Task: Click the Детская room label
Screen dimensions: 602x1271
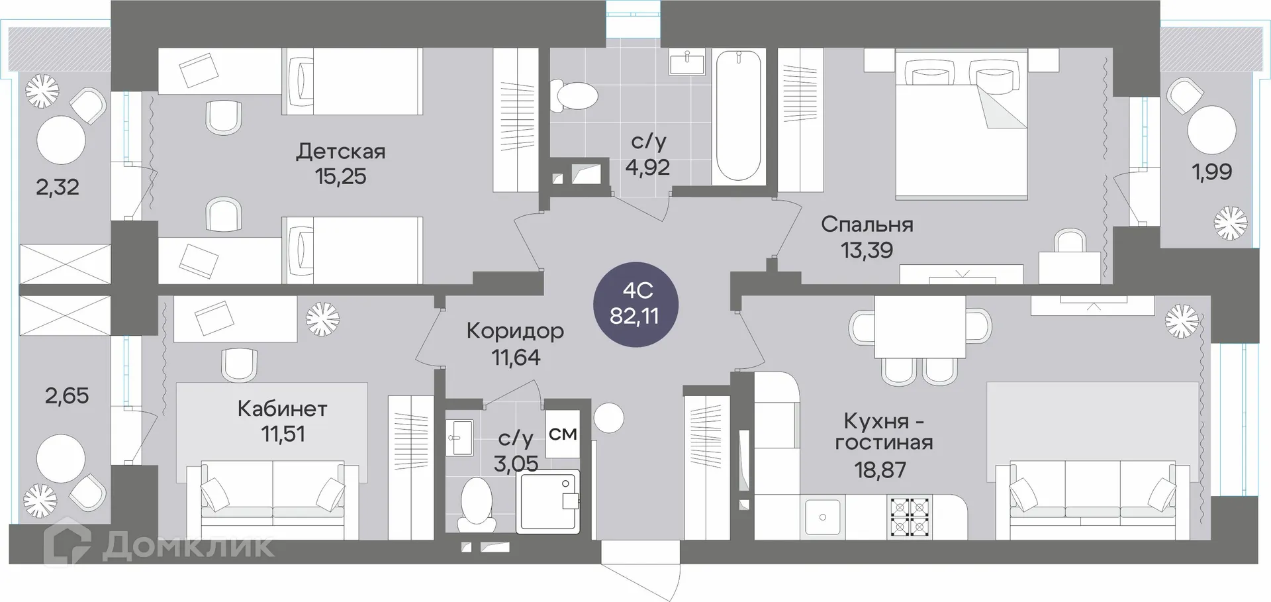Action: pyautogui.click(x=340, y=152)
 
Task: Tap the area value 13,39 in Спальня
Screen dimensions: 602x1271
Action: pyautogui.click(x=867, y=250)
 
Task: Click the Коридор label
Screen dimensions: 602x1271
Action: pyautogui.click(x=515, y=330)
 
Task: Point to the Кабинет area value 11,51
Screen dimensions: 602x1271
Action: pyautogui.click(x=283, y=434)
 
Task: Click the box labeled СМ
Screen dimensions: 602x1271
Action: pyautogui.click(x=563, y=434)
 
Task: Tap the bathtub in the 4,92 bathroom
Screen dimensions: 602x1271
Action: pyautogui.click(x=738, y=117)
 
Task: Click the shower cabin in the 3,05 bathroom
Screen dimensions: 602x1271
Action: pyautogui.click(x=547, y=501)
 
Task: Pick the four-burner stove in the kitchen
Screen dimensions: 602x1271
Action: pyautogui.click(x=910, y=517)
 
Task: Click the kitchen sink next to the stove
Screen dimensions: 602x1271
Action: pyautogui.click(x=822, y=517)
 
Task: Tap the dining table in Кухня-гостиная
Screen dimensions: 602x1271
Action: pyautogui.click(x=919, y=326)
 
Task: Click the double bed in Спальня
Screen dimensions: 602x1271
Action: pyautogui.click(x=961, y=126)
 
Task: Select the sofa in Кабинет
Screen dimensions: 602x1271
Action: pyautogui.click(x=273, y=493)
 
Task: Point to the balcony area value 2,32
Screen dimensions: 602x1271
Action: pyautogui.click(x=58, y=187)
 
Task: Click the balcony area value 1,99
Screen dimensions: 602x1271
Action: pyautogui.click(x=1211, y=172)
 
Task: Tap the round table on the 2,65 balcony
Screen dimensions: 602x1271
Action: pyautogui.click(x=61, y=458)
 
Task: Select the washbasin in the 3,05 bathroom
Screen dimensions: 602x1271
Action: pyautogui.click(x=458, y=437)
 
